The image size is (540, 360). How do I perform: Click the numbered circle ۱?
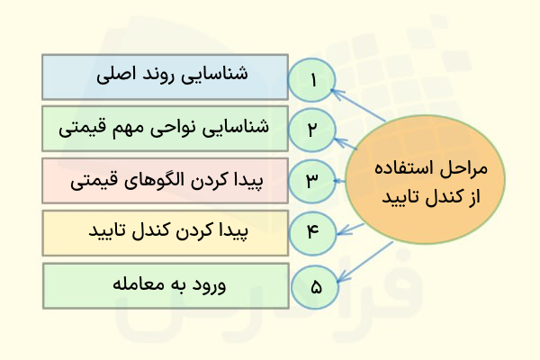coord(312,79)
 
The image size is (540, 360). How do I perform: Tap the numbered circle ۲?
coord(312,129)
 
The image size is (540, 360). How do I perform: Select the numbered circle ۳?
coord(312,180)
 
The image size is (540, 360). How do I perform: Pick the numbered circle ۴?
coord(312,232)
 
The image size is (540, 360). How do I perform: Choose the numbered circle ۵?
coord(315,287)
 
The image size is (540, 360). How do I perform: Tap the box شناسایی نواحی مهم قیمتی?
coord(165,129)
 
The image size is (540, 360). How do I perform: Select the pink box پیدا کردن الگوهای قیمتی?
coord(165,180)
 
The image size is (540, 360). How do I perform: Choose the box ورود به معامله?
coord(165,285)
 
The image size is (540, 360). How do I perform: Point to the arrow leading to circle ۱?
coord(358,106)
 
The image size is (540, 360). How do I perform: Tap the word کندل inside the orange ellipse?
coord(432,194)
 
